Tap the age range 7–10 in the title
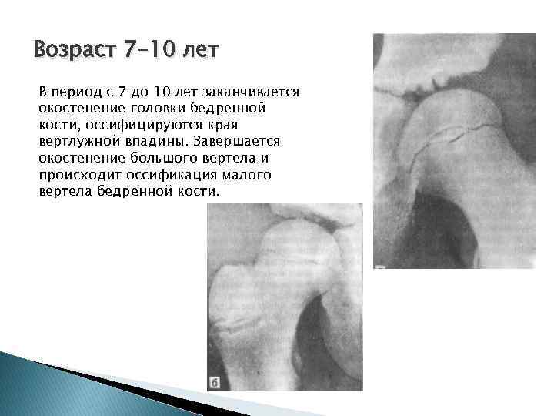pyautogui.click(x=152, y=52)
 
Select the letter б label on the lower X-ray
pyautogui.click(x=215, y=381)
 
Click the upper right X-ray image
pyautogui.click(x=453, y=150)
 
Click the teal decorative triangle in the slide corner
pyautogui.click(x=46, y=385)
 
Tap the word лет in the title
pyautogui.click(x=202, y=52)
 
